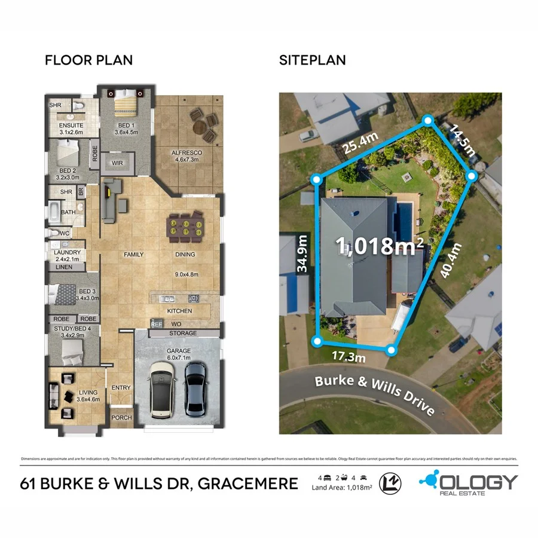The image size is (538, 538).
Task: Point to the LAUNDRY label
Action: point(67,252)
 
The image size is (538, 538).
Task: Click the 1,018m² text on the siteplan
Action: point(380,246)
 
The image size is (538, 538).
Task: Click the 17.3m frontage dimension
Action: point(349,356)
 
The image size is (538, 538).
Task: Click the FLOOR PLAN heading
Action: point(89,60)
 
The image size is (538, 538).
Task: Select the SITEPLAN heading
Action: point(313,60)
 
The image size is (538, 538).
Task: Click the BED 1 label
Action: point(126,126)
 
